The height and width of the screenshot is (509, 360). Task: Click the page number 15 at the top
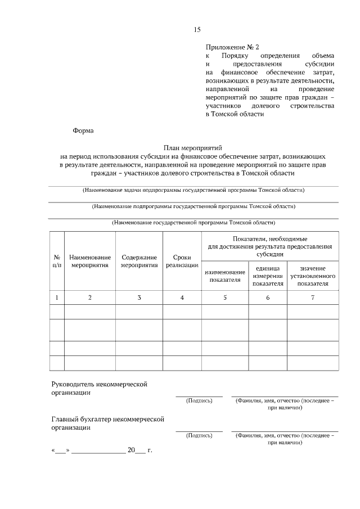[x=197, y=30]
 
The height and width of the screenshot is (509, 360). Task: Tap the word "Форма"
[x=83, y=130]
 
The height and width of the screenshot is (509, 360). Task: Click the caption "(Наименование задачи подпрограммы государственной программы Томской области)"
[x=193, y=190]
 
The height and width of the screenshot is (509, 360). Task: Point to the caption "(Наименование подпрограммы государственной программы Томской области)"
[x=193, y=206]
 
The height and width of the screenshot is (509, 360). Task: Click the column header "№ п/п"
[x=56, y=260]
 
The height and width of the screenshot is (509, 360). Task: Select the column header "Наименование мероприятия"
[x=90, y=261]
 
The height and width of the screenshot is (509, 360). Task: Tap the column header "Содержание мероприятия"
[x=139, y=261]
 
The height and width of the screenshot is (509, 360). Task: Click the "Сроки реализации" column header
[x=182, y=261]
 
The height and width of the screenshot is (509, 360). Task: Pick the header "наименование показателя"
[x=224, y=276]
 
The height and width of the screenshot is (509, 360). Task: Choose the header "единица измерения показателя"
[x=268, y=276]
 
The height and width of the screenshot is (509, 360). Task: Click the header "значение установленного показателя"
[x=313, y=276]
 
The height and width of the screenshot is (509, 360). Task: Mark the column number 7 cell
[x=313, y=297]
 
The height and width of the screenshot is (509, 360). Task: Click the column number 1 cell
[x=56, y=297]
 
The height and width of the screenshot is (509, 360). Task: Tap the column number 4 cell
[x=182, y=297]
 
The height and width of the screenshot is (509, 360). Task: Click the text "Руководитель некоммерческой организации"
[x=99, y=388]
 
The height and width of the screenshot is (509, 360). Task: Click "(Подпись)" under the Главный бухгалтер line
[x=199, y=435]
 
